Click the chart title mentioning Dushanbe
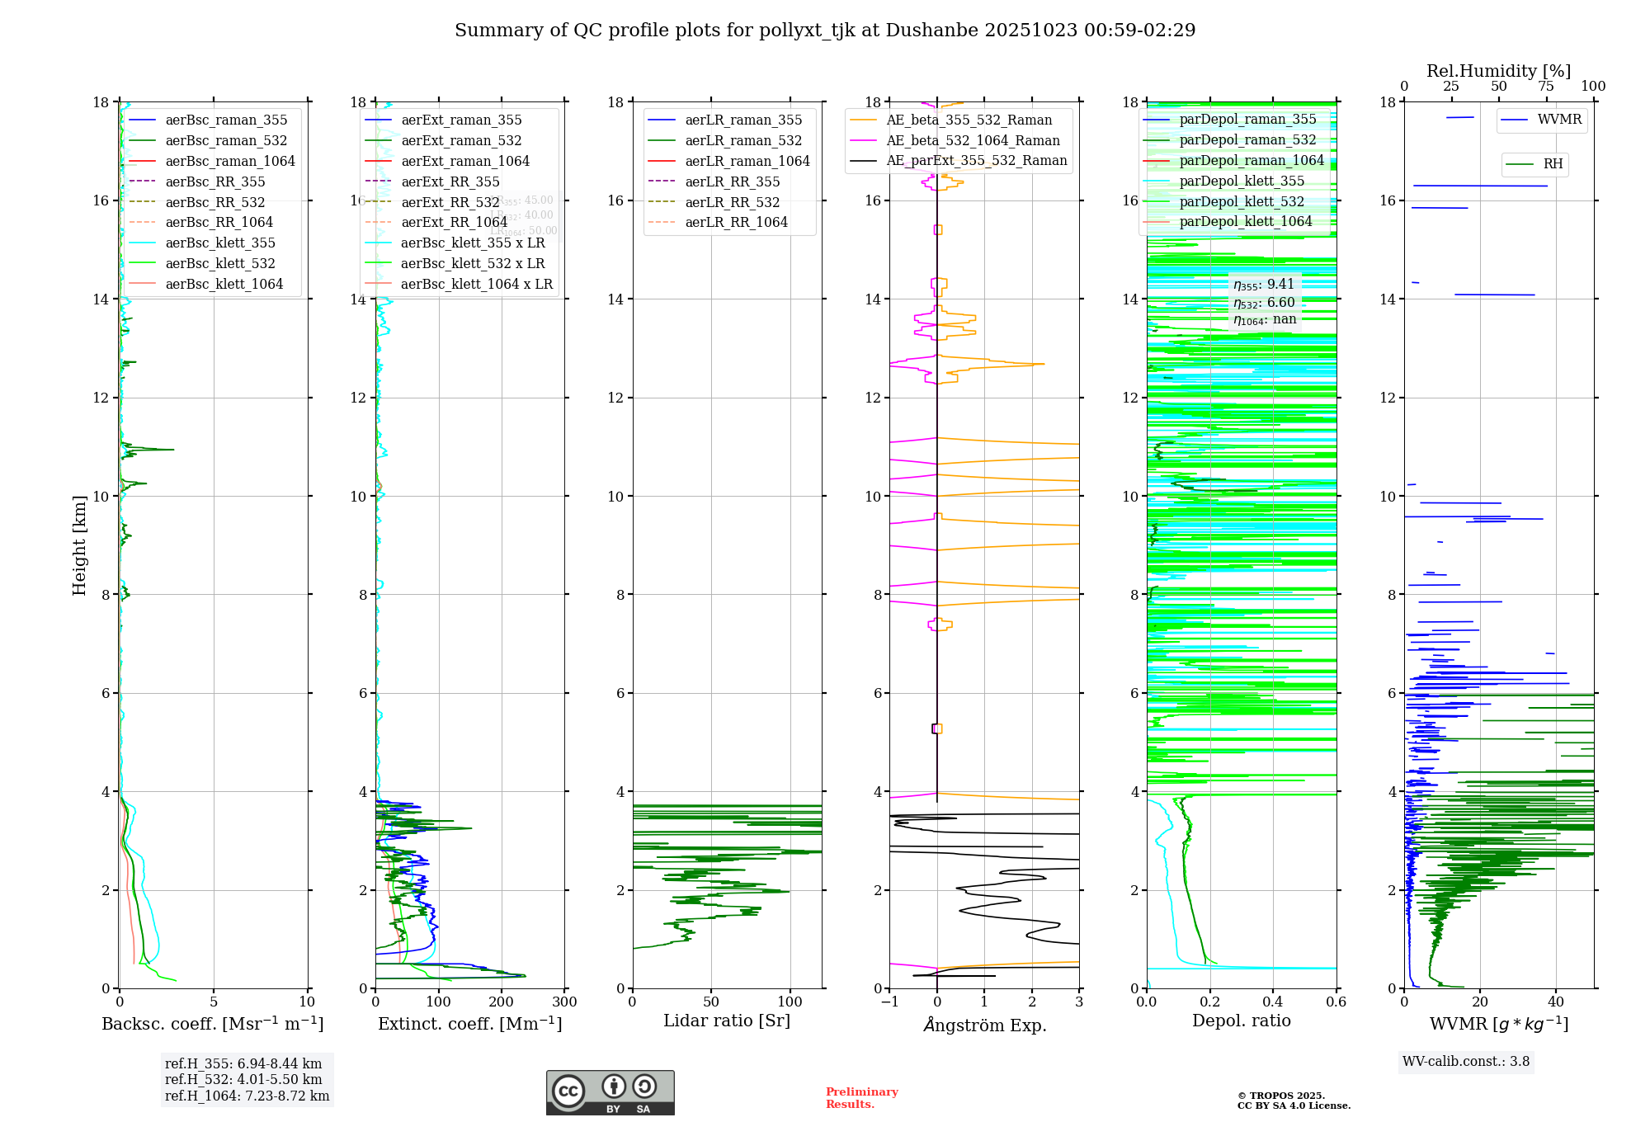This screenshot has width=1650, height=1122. click(825, 31)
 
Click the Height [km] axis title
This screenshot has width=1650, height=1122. click(79, 545)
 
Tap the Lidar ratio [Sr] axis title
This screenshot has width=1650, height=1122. click(727, 1021)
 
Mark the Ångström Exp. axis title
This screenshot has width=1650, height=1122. click(984, 1025)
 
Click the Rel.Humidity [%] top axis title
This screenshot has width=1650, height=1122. click(1498, 71)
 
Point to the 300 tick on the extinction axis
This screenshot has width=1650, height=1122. click(564, 1002)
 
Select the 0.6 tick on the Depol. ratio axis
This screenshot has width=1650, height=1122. click(1336, 1002)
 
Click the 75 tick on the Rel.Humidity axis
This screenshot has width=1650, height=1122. click(1546, 87)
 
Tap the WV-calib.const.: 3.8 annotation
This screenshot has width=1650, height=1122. click(1466, 1062)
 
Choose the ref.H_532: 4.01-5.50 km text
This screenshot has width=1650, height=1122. click(243, 1080)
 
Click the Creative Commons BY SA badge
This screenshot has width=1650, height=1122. click(610, 1092)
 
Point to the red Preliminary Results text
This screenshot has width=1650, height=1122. click(861, 1098)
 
